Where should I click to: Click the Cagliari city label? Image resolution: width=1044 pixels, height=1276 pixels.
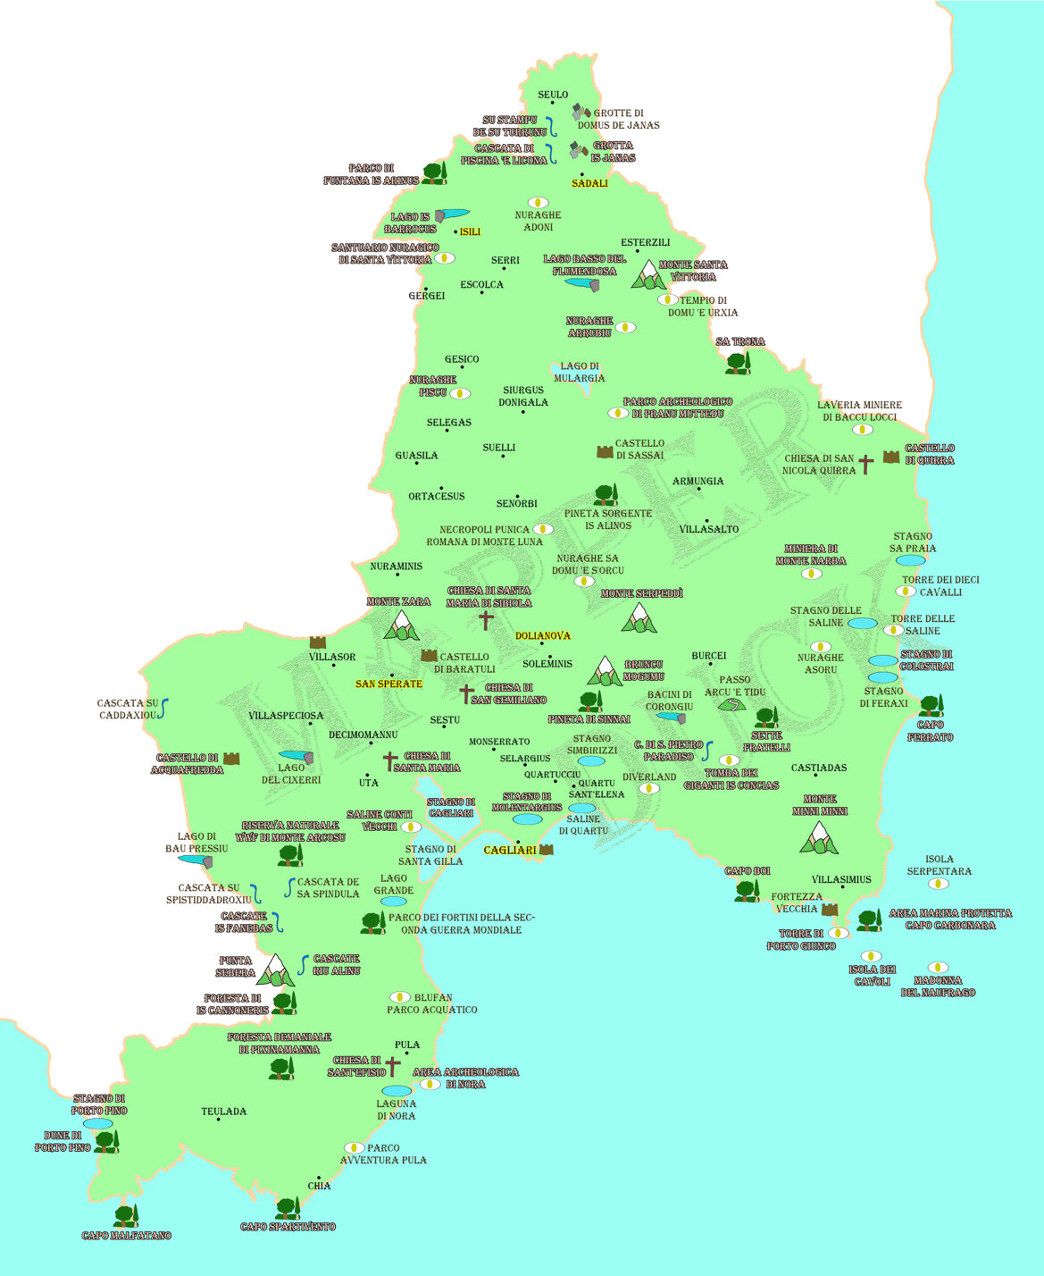click(509, 850)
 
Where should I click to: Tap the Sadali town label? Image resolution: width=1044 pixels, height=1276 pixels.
click(589, 183)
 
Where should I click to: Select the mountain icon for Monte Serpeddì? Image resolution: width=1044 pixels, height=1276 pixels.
click(639, 617)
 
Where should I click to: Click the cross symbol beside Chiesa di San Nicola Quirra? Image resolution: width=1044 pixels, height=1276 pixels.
click(865, 464)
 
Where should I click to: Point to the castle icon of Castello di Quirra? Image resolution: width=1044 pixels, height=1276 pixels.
click(891, 457)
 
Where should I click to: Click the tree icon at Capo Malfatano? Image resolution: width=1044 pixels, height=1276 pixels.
click(126, 1215)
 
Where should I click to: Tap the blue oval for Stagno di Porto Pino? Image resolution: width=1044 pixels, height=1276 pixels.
click(97, 1123)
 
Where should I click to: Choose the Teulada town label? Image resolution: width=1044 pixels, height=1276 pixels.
click(223, 1112)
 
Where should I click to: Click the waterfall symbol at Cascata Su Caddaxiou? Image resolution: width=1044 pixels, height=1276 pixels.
click(164, 709)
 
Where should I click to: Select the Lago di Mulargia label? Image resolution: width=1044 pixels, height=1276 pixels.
click(579, 372)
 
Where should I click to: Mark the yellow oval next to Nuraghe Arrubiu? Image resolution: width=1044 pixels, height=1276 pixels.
click(625, 327)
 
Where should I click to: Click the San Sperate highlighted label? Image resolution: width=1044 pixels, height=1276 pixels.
click(388, 684)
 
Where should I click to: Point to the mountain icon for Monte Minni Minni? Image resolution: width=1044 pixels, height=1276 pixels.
click(819, 837)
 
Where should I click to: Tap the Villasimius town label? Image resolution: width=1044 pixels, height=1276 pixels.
click(840, 879)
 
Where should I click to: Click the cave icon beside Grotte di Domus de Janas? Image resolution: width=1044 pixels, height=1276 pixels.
click(581, 113)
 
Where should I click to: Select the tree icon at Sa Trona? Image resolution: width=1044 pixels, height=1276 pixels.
click(738, 362)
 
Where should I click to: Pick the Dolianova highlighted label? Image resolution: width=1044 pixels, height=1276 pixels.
click(542, 635)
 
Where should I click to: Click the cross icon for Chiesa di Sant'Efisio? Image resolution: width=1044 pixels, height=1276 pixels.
click(393, 1066)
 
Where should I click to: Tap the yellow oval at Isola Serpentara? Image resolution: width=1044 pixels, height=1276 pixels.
click(938, 884)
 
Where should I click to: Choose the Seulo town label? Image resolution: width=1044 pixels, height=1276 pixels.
click(553, 95)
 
